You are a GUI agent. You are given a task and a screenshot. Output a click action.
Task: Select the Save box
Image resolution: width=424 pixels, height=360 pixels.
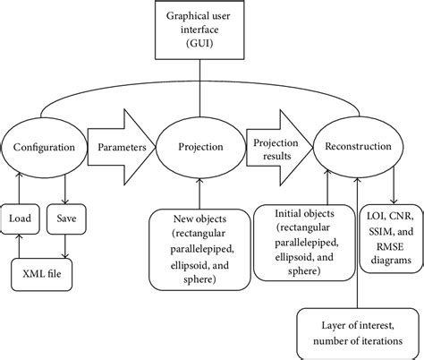pyautogui.click(x=66, y=218)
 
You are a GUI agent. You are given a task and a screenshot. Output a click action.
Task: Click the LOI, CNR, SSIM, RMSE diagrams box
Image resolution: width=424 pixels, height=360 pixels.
pyautogui.click(x=391, y=236)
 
